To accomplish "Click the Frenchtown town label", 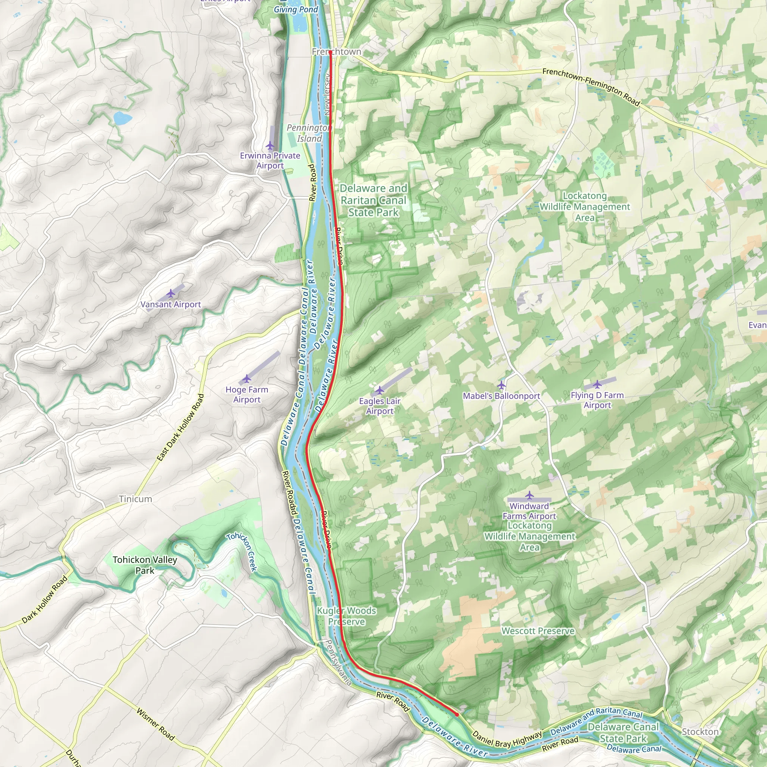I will click(x=336, y=52).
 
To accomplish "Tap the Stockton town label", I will click(x=700, y=731).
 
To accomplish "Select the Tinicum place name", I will click(x=135, y=499).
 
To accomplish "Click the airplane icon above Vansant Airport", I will click(x=171, y=293).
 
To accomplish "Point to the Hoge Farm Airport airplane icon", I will click(x=247, y=379).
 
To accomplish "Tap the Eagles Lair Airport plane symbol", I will click(x=379, y=390).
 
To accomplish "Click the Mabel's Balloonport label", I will click(x=501, y=396).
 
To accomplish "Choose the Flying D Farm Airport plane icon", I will click(x=597, y=384).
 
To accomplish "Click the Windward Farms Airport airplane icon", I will click(x=529, y=495).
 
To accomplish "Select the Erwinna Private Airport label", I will click(x=270, y=160).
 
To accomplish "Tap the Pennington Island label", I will click(x=309, y=133).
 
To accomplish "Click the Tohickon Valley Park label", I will click(x=145, y=565).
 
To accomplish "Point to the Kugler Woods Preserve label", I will click(x=346, y=616).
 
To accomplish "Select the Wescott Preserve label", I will click(x=538, y=631).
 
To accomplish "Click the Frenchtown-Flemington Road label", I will click(x=591, y=87).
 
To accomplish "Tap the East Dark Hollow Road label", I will click(x=181, y=427).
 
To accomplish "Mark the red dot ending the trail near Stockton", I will click(x=457, y=714).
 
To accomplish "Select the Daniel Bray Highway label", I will click(x=507, y=739).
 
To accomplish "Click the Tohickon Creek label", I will click(x=242, y=552).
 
